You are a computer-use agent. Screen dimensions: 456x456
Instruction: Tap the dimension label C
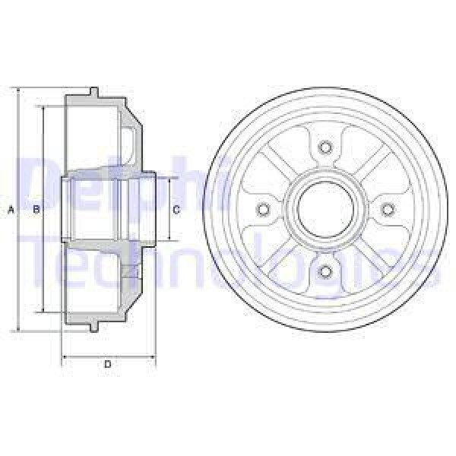point(176,210)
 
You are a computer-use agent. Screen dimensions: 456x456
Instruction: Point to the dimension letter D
point(108,365)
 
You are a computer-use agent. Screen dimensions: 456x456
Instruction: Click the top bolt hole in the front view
point(326,147)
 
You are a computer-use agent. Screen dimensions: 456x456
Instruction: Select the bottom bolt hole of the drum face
point(326,271)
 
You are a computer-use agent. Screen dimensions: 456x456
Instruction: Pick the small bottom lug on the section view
point(93,329)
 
